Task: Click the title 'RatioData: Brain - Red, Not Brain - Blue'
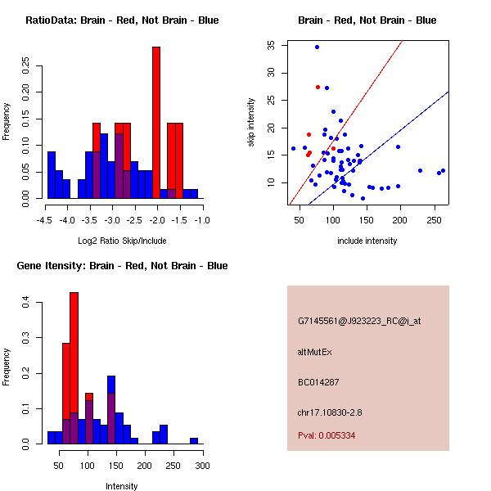click(x=122, y=20)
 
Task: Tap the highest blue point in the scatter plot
click(x=317, y=47)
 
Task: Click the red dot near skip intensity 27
click(x=318, y=87)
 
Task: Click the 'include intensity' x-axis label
click(x=367, y=241)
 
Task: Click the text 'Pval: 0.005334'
click(x=327, y=436)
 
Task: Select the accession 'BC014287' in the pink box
click(x=319, y=382)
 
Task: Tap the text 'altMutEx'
click(x=316, y=352)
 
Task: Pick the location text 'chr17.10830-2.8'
click(x=330, y=412)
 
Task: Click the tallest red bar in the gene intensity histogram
click(x=74, y=368)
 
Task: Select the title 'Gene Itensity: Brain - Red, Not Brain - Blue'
click(x=122, y=266)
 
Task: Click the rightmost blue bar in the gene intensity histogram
click(x=194, y=441)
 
